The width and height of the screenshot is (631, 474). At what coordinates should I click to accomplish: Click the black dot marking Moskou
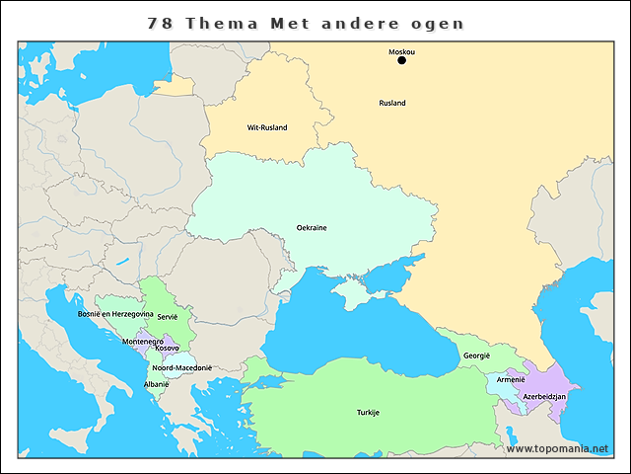[401, 60]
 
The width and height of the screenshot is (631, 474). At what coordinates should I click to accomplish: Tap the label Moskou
[401, 50]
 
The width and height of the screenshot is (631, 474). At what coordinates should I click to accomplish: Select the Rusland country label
[392, 103]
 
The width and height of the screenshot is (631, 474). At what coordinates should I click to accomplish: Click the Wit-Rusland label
[266, 127]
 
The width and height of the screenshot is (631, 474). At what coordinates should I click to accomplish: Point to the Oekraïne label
[312, 228]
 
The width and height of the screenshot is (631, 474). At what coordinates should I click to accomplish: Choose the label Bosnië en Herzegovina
[115, 314]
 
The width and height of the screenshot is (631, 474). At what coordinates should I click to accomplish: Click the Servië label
[153, 317]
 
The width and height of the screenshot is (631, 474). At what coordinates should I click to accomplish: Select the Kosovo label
[167, 349]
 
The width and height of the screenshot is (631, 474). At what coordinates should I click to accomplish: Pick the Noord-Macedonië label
[182, 367]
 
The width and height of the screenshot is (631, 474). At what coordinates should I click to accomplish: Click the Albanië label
[156, 384]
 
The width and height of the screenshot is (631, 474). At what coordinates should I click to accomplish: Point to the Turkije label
[368, 412]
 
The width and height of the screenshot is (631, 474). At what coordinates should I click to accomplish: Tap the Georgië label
[477, 356]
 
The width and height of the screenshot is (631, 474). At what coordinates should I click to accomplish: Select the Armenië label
[511, 379]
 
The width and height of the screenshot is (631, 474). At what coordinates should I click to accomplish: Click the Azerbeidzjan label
[544, 396]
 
